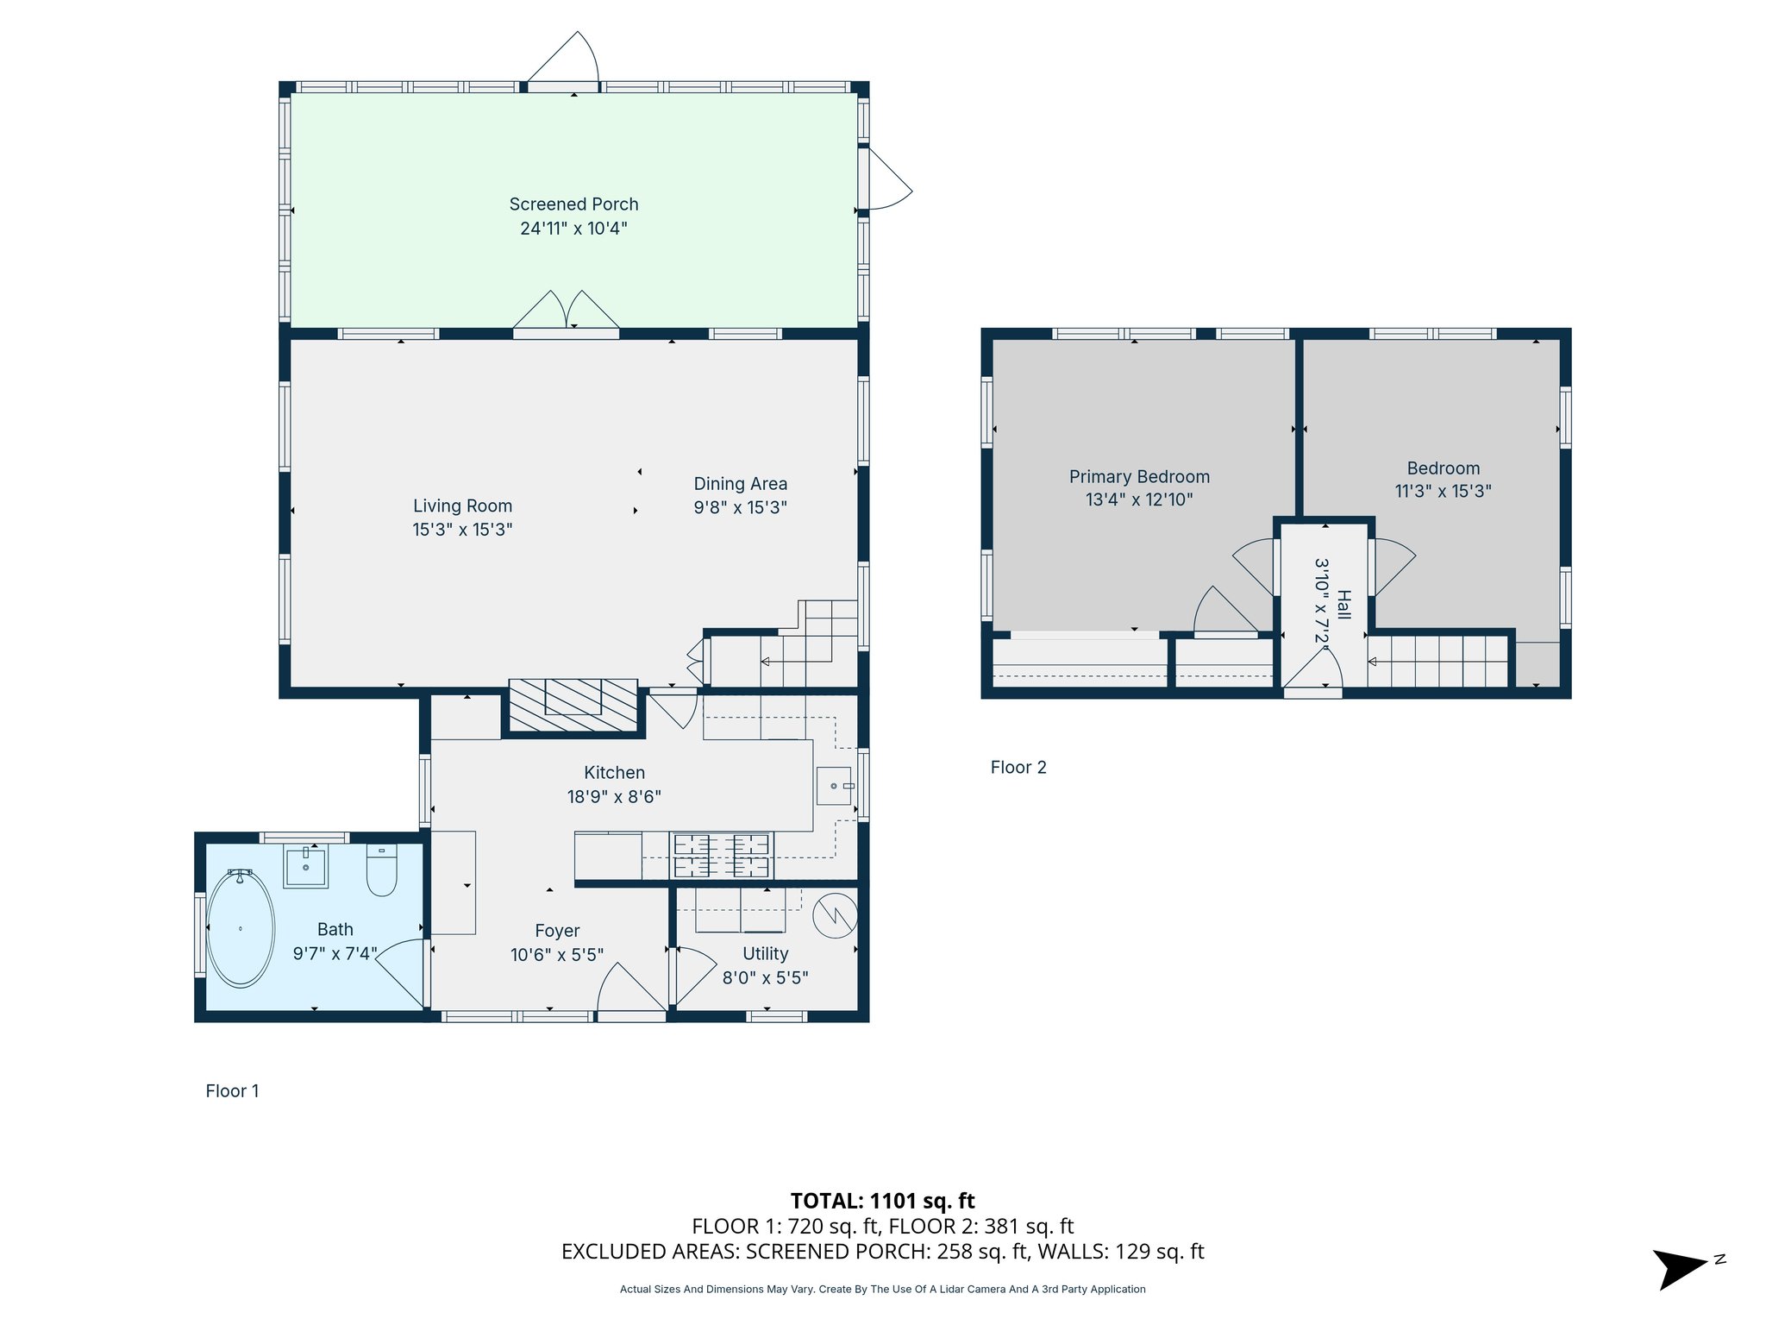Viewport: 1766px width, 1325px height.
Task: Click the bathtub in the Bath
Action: (x=241, y=928)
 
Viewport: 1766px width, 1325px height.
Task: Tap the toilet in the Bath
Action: (x=381, y=870)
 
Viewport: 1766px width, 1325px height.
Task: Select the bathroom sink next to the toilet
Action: (x=306, y=865)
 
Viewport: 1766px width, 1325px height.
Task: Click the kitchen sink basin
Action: (x=834, y=786)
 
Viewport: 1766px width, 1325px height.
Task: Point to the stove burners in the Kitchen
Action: (x=721, y=856)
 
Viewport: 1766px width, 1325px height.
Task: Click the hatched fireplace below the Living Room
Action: (x=573, y=706)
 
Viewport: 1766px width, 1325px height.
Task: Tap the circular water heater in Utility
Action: (x=835, y=915)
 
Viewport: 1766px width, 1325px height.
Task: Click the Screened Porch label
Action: (x=573, y=204)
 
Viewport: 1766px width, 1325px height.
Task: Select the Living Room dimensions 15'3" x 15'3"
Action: (x=462, y=530)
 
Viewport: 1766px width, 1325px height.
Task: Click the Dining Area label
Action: (x=741, y=484)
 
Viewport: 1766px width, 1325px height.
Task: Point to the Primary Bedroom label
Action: (x=1139, y=477)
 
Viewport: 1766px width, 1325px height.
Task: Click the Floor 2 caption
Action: (x=1018, y=768)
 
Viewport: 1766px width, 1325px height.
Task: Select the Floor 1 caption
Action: (x=232, y=1091)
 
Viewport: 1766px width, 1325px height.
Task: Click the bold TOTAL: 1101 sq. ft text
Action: (x=883, y=1201)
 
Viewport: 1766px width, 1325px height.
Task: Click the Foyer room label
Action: (x=557, y=931)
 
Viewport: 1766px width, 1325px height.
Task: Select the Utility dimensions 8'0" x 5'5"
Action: (x=766, y=977)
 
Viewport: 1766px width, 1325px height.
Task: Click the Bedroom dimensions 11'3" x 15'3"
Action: (x=1443, y=491)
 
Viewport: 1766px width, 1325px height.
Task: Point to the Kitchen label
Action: (x=614, y=773)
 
